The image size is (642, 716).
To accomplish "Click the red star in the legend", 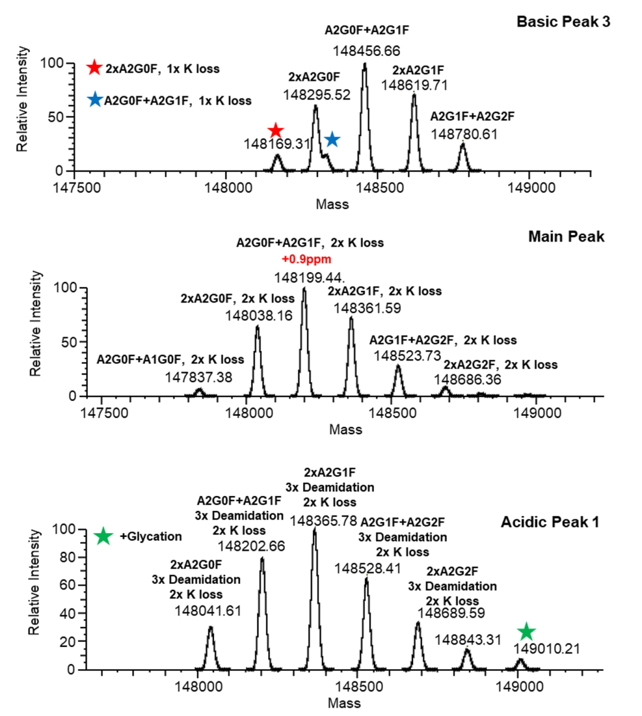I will [94, 68].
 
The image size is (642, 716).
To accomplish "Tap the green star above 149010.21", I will [526, 632].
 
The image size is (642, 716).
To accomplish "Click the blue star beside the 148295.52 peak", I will [332, 140].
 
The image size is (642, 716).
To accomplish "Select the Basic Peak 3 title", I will [563, 22].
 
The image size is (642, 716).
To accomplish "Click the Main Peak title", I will [566, 237].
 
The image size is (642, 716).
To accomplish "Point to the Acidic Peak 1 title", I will [550, 522].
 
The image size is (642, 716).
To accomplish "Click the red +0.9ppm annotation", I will [306, 259].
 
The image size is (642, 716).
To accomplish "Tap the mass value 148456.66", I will [366, 51].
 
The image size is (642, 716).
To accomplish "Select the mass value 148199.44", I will [309, 278].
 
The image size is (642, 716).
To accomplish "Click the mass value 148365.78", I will [323, 521].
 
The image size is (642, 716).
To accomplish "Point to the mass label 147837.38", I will [199, 377].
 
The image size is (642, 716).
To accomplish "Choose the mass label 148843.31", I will [468, 640].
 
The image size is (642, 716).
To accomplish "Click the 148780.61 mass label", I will [464, 134].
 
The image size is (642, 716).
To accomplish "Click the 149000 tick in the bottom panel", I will [520, 686].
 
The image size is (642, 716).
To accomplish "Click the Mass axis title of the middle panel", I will [345, 429].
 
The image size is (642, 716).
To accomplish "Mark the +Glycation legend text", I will [150, 536].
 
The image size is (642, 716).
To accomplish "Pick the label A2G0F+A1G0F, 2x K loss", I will [170, 360].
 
